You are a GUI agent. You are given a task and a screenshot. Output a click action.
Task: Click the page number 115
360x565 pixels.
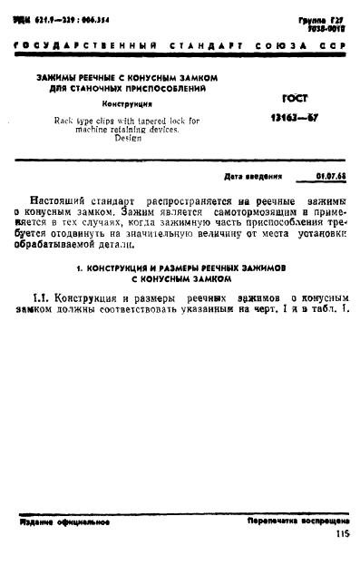click(x=341, y=535)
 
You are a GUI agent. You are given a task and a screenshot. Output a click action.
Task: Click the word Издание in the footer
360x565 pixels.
click(x=37, y=522)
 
